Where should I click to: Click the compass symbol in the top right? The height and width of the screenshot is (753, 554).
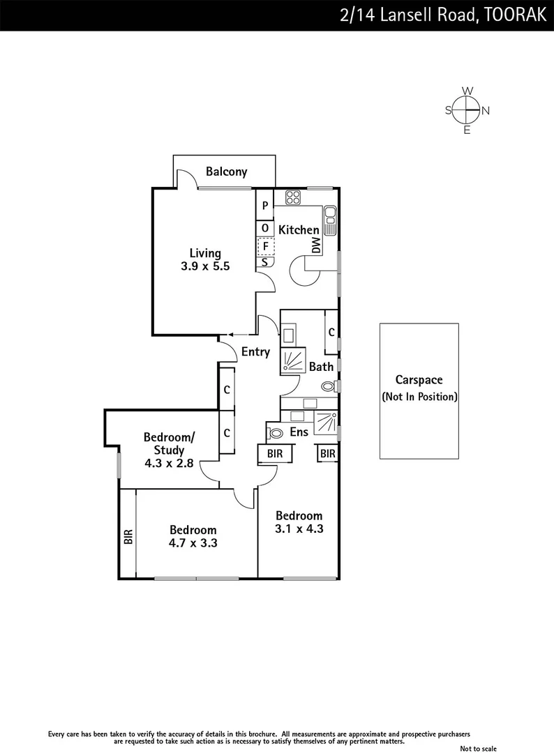[x=467, y=110]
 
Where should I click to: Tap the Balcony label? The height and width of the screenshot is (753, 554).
[x=226, y=172]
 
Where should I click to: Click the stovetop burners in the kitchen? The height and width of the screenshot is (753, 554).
[x=294, y=197]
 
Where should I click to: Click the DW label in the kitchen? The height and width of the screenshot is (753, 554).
[x=315, y=245]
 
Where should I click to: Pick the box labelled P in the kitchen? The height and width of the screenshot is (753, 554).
[x=265, y=206]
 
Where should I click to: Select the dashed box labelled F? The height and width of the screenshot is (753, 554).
[x=265, y=246]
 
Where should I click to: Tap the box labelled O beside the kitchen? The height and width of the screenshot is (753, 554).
[x=265, y=227]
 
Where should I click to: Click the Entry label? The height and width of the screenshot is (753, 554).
[x=255, y=352]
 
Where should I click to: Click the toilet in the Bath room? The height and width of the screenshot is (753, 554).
[x=329, y=386]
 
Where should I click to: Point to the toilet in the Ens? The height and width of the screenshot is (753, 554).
[x=276, y=433]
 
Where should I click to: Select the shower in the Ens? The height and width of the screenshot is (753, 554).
[x=324, y=424]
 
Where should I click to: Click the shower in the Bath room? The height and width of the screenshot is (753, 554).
[x=292, y=362]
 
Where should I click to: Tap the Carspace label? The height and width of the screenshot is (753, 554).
[x=419, y=380]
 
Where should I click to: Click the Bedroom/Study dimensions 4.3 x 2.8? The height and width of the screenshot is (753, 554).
[x=170, y=463]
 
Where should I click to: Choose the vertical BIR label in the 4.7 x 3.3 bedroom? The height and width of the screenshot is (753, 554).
[x=128, y=536]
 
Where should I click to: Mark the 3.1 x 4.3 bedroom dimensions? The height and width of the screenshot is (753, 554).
[x=299, y=528]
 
